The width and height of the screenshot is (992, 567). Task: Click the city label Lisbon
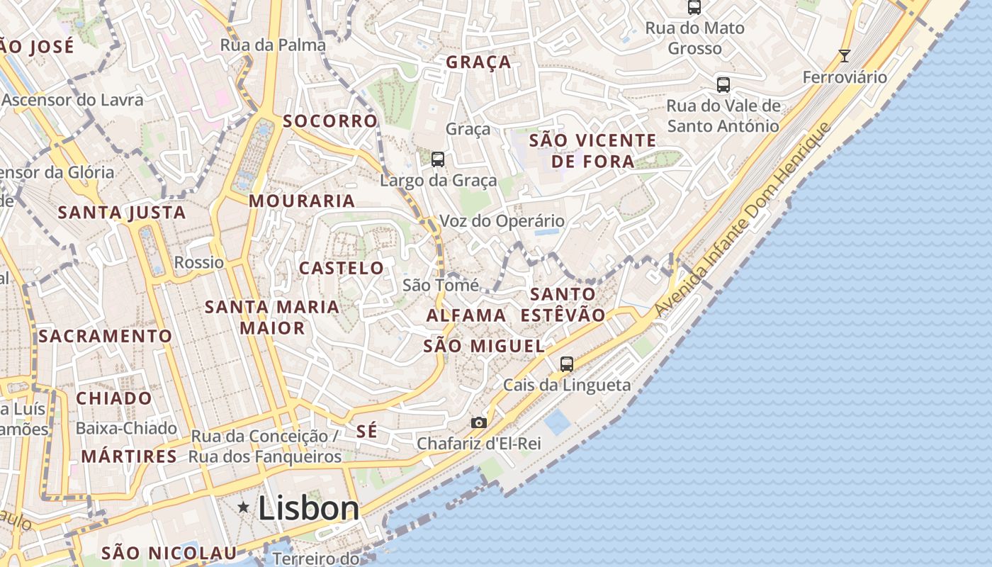pyautogui.click(x=309, y=507)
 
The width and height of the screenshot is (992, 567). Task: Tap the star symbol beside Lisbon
pyautogui.click(x=244, y=507)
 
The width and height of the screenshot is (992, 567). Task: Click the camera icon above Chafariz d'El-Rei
pyautogui.click(x=479, y=422)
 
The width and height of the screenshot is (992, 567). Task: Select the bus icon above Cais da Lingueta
pyautogui.click(x=566, y=364)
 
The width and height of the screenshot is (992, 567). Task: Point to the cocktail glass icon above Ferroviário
pyautogui.click(x=844, y=55)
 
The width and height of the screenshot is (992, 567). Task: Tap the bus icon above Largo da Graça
pyautogui.click(x=438, y=159)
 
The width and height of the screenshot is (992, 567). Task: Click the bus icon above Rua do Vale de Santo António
pyautogui.click(x=723, y=85)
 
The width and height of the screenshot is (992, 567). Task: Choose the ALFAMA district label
pyautogui.click(x=466, y=315)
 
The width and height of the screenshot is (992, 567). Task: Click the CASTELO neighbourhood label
pyautogui.click(x=342, y=268)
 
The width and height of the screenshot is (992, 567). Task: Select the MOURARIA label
pyautogui.click(x=302, y=201)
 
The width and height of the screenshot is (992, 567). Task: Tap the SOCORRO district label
pyautogui.click(x=330, y=120)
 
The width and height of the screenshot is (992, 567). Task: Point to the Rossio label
pyautogui.click(x=199, y=262)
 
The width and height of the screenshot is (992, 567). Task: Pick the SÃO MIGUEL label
pyautogui.click(x=484, y=346)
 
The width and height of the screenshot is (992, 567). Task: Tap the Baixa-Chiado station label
pyautogui.click(x=126, y=428)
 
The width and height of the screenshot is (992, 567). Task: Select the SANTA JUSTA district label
pyautogui.click(x=122, y=213)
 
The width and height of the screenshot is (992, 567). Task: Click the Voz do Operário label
pyautogui.click(x=502, y=221)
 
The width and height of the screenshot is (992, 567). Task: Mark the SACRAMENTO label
pyautogui.click(x=106, y=336)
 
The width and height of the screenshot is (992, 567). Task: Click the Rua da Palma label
pyautogui.click(x=273, y=45)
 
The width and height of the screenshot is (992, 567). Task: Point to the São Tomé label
pyautogui.click(x=441, y=285)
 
